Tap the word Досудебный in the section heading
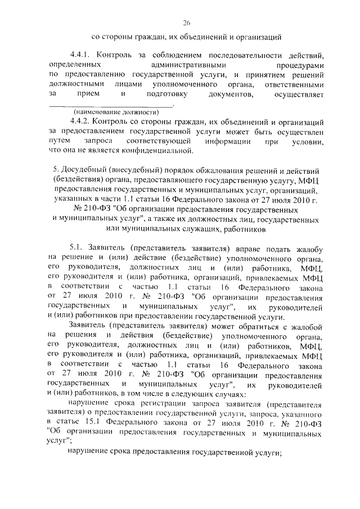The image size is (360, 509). (x=84, y=169)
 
